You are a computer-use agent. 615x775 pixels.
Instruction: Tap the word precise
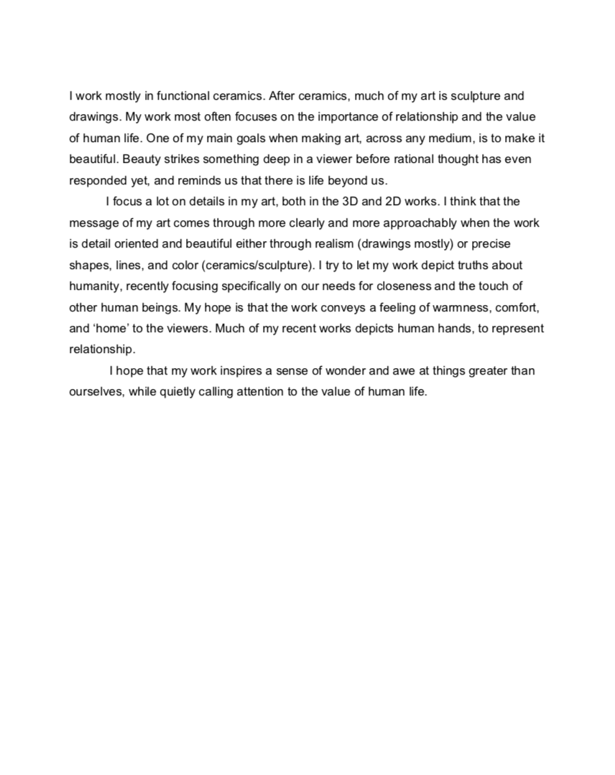[491, 244]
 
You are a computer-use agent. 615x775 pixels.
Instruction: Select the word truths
[465, 265]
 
